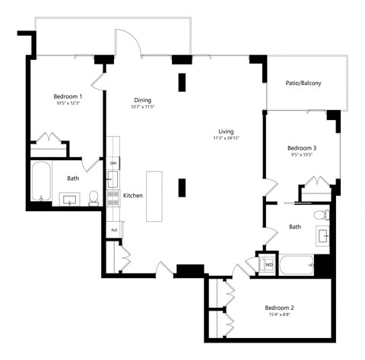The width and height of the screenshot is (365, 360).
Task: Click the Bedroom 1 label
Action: coord(68,96)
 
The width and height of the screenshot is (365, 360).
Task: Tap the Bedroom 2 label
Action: coord(279,308)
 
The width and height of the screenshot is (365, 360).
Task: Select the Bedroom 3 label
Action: coord(301,147)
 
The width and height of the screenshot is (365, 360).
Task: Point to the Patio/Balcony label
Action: coord(303,84)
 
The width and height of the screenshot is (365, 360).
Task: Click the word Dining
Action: coord(142,99)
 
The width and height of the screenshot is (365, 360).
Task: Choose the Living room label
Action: coord(224,131)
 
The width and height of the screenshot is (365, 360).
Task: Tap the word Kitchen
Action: coord(133,195)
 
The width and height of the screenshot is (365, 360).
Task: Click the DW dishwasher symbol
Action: coord(113,163)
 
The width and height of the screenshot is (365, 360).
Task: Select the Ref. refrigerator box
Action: coord(113,229)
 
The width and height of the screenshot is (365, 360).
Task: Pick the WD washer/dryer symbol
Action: coord(268,264)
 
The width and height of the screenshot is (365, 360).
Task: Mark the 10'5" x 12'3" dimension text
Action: coord(68,104)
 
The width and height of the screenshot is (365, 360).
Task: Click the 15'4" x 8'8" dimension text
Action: coord(279,316)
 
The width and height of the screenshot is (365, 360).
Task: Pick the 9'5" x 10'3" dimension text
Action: coord(301,155)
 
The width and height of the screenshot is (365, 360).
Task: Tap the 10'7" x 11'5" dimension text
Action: coord(142,107)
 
